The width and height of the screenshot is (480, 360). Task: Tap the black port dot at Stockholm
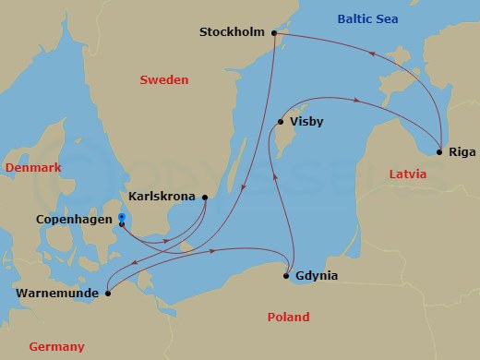(273, 32)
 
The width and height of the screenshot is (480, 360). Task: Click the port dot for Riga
(440, 151)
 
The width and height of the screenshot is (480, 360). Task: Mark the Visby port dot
(281, 121)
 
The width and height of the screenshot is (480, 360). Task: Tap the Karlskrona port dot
(205, 197)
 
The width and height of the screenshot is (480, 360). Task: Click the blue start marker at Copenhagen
(121, 218)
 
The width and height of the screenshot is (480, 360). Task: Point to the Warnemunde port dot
(107, 294)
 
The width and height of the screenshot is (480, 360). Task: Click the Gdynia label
(317, 276)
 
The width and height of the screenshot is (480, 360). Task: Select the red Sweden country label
(163, 80)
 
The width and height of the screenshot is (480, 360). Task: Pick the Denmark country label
(32, 167)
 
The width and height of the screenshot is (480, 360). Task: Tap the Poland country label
(288, 317)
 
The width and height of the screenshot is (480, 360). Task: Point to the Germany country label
(56, 346)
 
